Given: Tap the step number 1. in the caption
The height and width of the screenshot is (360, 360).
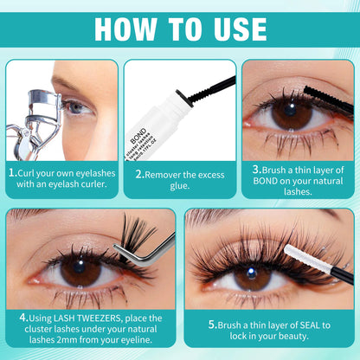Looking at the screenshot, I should point(12,171).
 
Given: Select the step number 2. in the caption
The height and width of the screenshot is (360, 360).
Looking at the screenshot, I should point(139,171).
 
